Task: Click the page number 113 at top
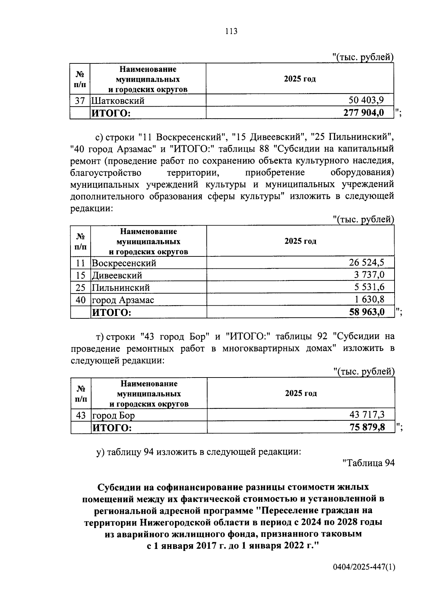(231, 31)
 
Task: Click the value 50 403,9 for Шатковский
(366, 100)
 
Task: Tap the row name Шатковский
(118, 101)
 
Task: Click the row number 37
(80, 101)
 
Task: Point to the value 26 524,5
(367, 263)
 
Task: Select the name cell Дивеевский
(117, 275)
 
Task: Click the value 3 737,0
(369, 275)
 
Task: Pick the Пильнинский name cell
(121, 288)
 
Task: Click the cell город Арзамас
(123, 300)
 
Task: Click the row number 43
(81, 415)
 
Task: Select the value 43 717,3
(367, 414)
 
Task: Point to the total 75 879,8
(367, 427)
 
